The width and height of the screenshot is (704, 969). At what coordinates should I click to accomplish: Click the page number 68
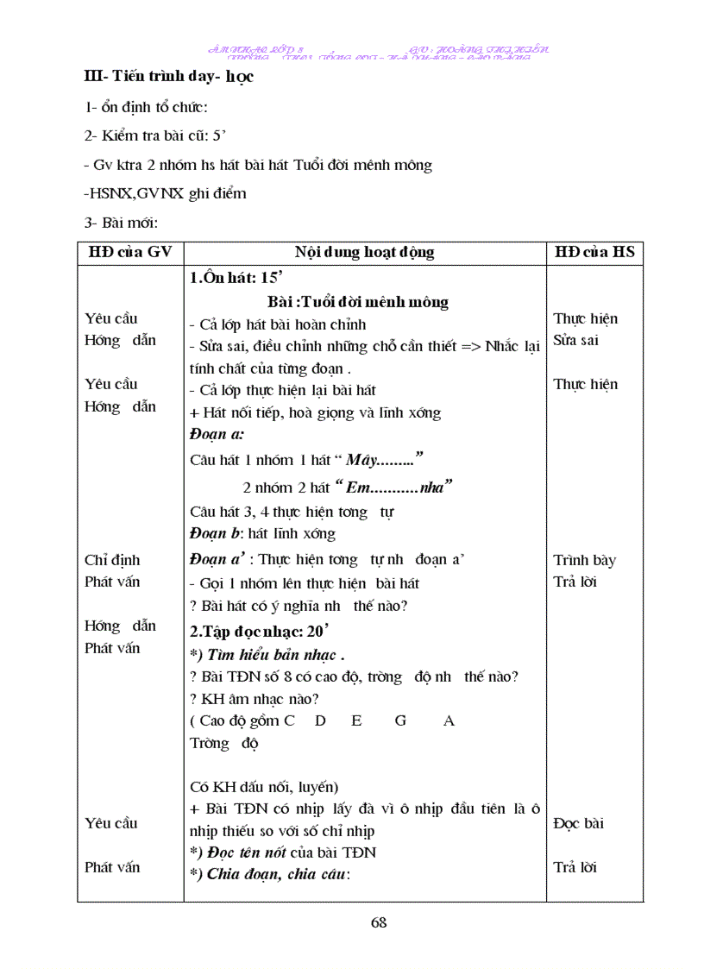pyautogui.click(x=378, y=922)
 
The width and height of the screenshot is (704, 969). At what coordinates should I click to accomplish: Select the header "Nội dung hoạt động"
pyautogui.click(x=364, y=252)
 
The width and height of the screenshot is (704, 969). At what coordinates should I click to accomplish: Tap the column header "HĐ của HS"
pyautogui.click(x=594, y=252)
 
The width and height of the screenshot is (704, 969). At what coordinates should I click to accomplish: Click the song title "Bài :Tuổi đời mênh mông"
pyautogui.click(x=358, y=302)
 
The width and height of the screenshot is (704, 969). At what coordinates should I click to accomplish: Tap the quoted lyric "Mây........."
pyautogui.click(x=380, y=459)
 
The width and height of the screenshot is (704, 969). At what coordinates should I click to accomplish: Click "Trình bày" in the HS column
pyautogui.click(x=584, y=560)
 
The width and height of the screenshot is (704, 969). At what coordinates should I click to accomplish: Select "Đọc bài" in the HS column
pyautogui.click(x=578, y=823)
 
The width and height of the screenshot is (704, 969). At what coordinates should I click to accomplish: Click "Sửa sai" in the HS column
pyautogui.click(x=575, y=340)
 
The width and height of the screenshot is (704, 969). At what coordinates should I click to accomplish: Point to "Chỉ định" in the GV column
pyautogui.click(x=112, y=560)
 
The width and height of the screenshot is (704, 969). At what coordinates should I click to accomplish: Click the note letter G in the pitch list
pyautogui.click(x=400, y=720)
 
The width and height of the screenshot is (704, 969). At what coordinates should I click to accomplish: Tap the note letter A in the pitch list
pyautogui.click(x=449, y=720)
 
